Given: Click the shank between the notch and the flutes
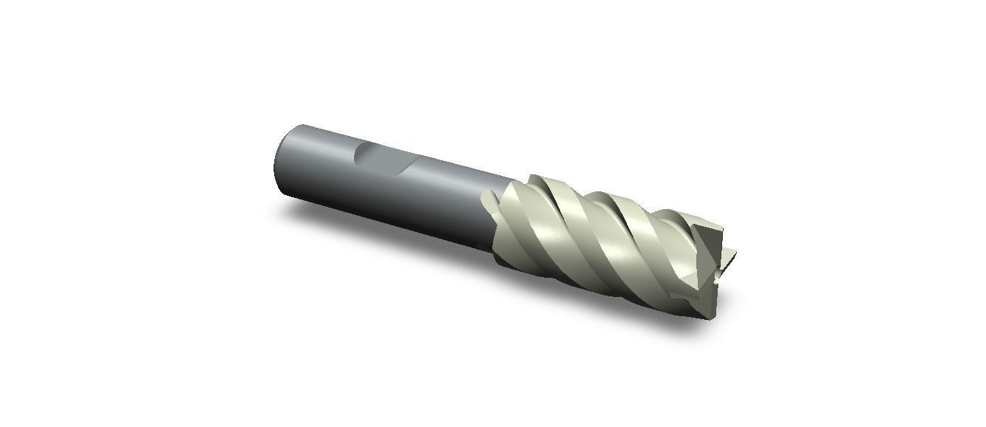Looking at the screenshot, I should click(x=451, y=192).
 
